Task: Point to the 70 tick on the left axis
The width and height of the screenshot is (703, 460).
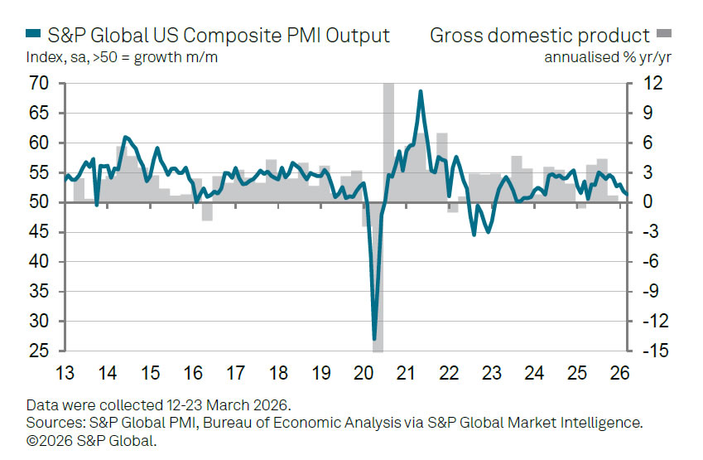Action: (37, 84)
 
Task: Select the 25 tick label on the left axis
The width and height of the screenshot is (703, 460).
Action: (37, 351)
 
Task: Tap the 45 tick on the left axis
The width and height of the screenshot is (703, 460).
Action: (37, 232)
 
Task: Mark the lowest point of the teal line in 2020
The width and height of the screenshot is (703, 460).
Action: (374, 338)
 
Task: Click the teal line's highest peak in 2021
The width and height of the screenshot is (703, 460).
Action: (421, 92)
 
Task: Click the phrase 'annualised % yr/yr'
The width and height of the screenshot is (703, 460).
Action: (606, 57)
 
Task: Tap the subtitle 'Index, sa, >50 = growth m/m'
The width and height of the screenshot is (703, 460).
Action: (123, 57)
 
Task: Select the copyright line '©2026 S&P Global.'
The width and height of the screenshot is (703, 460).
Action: (91, 440)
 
